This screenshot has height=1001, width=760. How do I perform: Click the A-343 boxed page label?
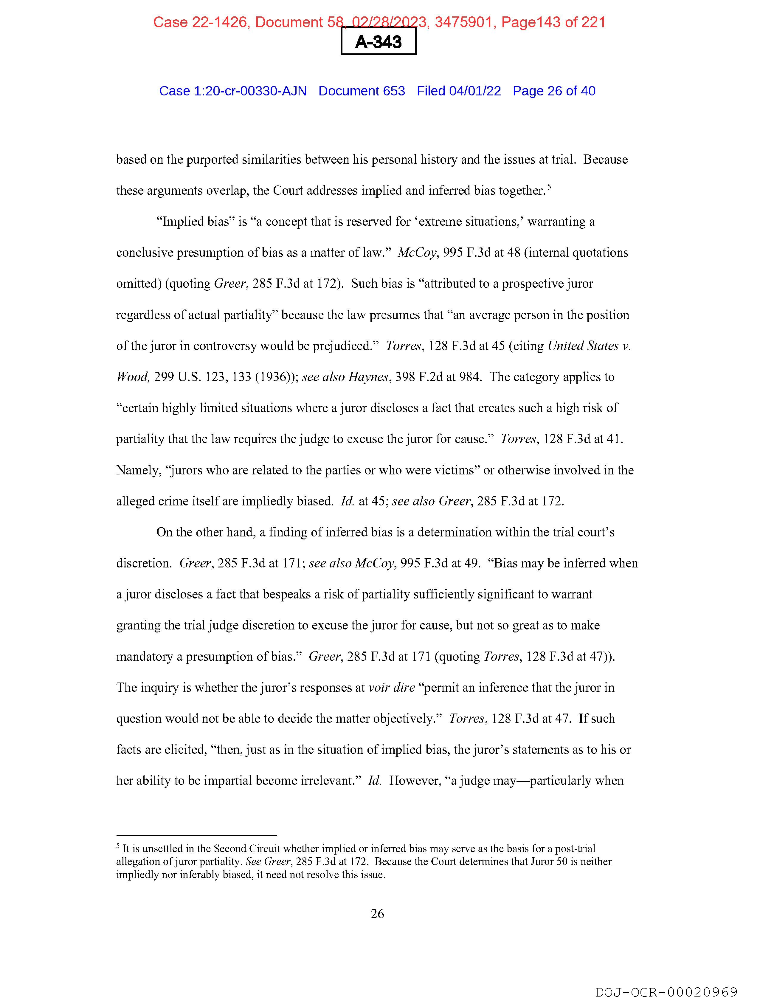(378, 42)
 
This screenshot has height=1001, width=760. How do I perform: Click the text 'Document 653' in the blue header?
(362, 91)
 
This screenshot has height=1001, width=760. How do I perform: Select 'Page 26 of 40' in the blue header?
(554, 91)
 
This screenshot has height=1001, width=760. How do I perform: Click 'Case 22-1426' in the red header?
(200, 22)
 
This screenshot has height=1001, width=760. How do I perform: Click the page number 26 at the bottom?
(377, 914)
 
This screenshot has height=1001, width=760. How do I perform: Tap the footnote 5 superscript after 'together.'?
(549, 186)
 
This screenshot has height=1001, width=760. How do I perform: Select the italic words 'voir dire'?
(392, 687)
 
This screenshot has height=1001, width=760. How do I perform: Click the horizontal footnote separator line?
(196, 836)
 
